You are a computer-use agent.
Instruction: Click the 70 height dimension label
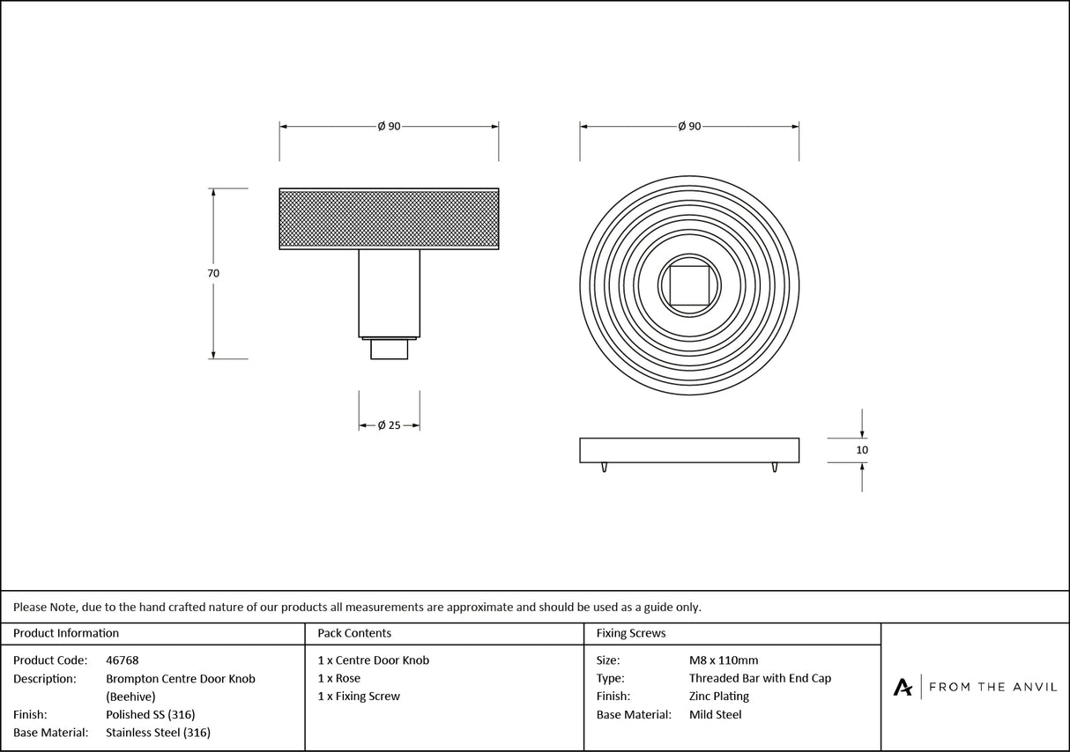coord(213,274)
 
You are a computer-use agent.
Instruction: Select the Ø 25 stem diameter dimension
coord(389,425)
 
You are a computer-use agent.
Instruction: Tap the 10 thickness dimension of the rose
coord(862,450)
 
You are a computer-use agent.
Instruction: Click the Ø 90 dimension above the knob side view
coord(389,127)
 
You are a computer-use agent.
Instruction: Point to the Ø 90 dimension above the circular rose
coord(689,127)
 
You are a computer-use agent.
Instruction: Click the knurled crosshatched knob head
coord(389,218)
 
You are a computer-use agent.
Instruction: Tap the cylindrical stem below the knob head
coord(389,293)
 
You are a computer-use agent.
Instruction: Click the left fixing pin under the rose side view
coord(605,468)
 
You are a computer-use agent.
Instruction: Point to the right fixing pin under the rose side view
coord(774,468)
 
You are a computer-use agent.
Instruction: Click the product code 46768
coord(122,660)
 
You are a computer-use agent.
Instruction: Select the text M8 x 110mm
coord(723,660)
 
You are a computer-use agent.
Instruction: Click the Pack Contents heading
coord(354,633)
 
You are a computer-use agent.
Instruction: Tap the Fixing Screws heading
coord(631,633)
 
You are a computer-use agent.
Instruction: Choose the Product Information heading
coord(66,633)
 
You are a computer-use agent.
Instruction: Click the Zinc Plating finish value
coord(718,697)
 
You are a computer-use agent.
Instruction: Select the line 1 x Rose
coord(338,679)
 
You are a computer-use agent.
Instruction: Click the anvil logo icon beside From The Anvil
coord(903,687)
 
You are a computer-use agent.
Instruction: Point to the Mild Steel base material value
coord(715,715)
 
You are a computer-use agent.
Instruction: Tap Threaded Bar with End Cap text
coord(760,679)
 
